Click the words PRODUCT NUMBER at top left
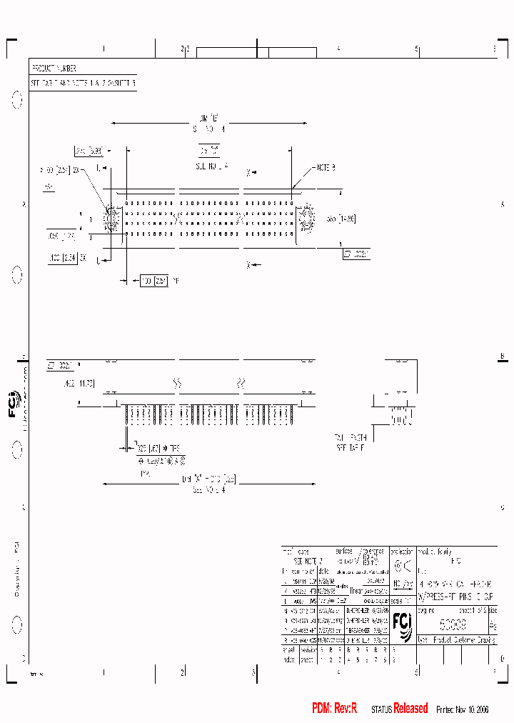54,69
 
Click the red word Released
411,708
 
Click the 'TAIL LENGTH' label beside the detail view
350,437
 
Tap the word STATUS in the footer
381,709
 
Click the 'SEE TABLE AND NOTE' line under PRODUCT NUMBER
82,83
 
